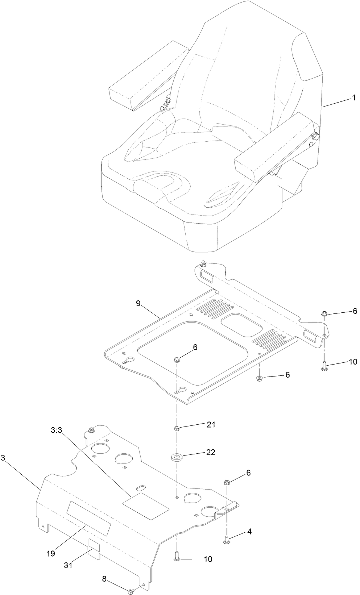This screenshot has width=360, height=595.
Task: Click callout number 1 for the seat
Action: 353,98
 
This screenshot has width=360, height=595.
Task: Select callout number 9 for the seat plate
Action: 138,303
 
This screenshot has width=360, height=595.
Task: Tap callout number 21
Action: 211,424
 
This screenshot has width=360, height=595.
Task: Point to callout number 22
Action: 211,452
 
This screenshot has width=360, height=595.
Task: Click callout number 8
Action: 104,578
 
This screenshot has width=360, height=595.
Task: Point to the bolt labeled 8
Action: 131,591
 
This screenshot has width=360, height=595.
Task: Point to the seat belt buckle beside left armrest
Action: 165,104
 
